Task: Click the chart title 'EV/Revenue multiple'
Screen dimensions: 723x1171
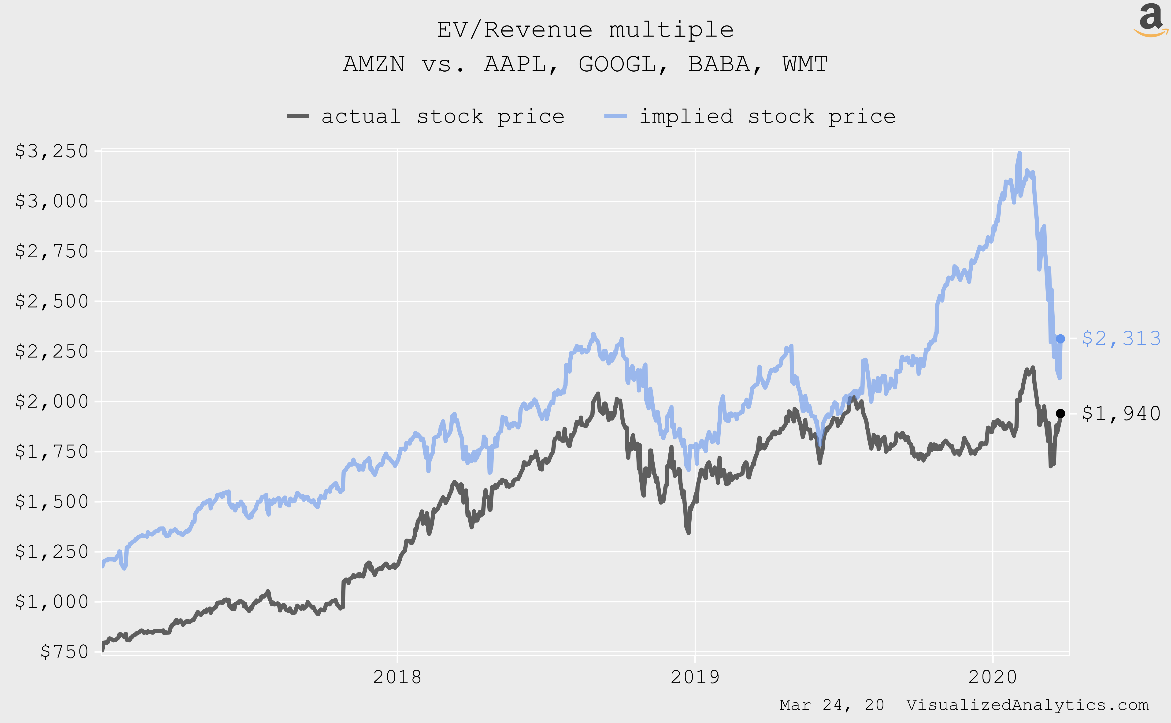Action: click(x=585, y=30)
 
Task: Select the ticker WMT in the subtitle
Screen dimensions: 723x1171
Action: click(x=805, y=64)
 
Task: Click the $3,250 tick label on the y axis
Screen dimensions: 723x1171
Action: click(x=52, y=151)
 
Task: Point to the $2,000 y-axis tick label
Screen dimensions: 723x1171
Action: click(x=52, y=401)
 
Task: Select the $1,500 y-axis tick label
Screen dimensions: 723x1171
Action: click(x=52, y=501)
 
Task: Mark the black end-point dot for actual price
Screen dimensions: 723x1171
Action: click(x=1060, y=413)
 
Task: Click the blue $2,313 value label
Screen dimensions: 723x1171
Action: click(x=1121, y=339)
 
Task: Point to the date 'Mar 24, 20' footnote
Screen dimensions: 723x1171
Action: click(x=832, y=705)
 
